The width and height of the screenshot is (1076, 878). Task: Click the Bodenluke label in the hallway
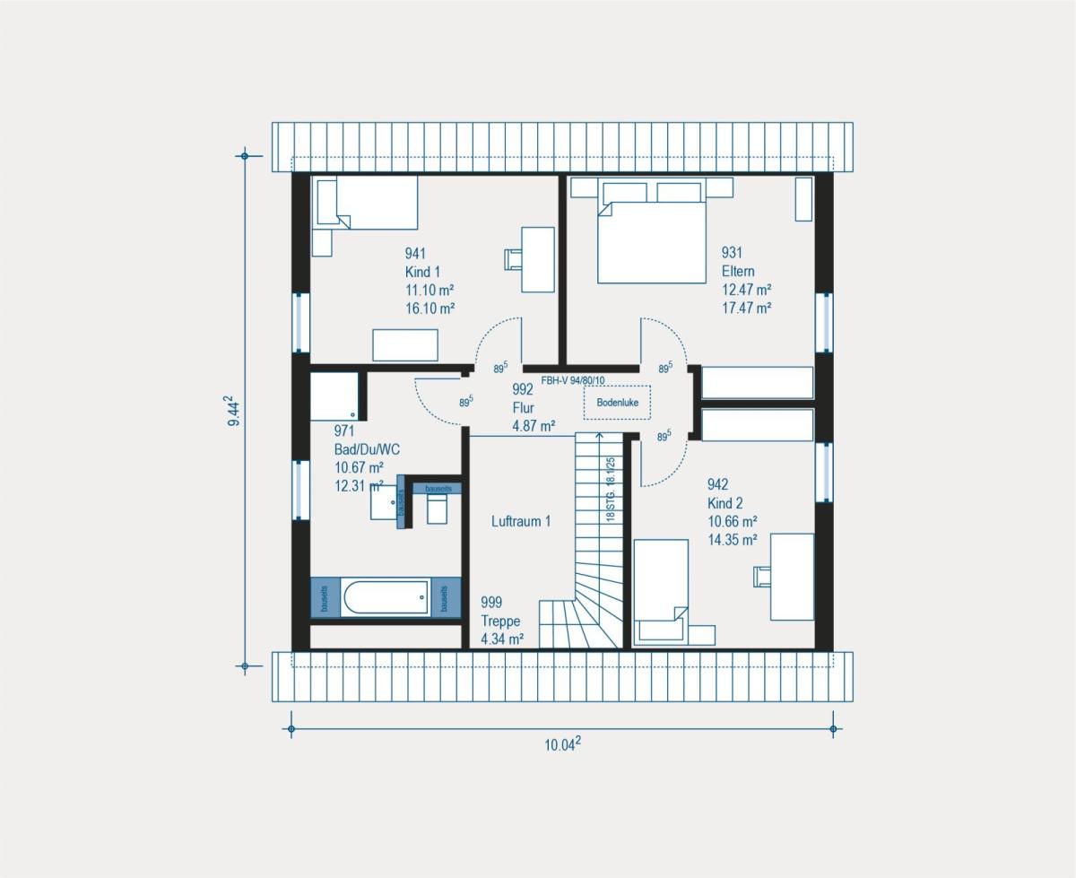617,404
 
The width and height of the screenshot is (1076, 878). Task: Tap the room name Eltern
739,271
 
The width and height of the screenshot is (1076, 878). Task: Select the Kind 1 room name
422,271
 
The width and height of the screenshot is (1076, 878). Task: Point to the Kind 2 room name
725,503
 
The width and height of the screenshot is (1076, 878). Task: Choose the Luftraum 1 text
521,521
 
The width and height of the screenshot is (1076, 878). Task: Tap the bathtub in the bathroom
386,597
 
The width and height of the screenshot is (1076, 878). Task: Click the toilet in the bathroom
437,510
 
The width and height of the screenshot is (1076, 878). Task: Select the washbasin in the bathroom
386,504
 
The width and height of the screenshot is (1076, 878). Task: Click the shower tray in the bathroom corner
334,396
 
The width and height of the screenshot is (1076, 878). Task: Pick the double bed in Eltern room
651,240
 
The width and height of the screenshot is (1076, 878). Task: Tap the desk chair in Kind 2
762,576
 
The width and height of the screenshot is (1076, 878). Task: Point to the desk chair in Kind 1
513,258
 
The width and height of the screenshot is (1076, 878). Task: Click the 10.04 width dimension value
564,743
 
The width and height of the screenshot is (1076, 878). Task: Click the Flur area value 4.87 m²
533,426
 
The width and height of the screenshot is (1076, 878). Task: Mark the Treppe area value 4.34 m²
502,639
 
